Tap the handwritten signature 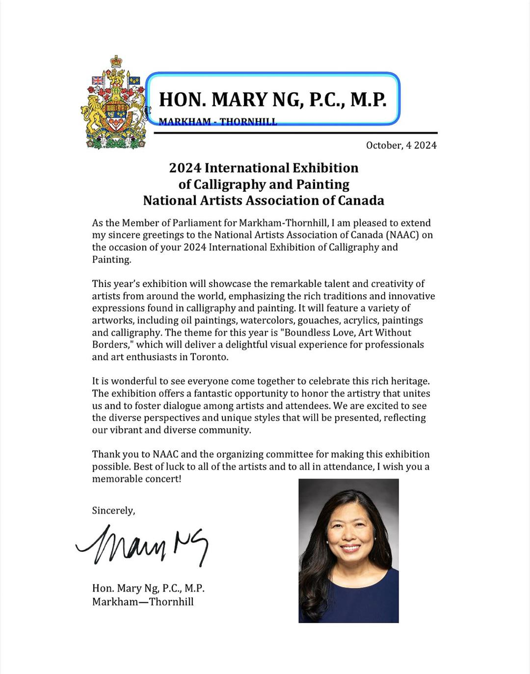(142, 546)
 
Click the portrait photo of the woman (348, 550)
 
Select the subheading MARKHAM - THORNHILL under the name (218, 122)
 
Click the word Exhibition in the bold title (325, 168)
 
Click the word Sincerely (113, 510)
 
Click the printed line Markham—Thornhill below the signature (143, 601)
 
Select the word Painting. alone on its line (111, 259)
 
